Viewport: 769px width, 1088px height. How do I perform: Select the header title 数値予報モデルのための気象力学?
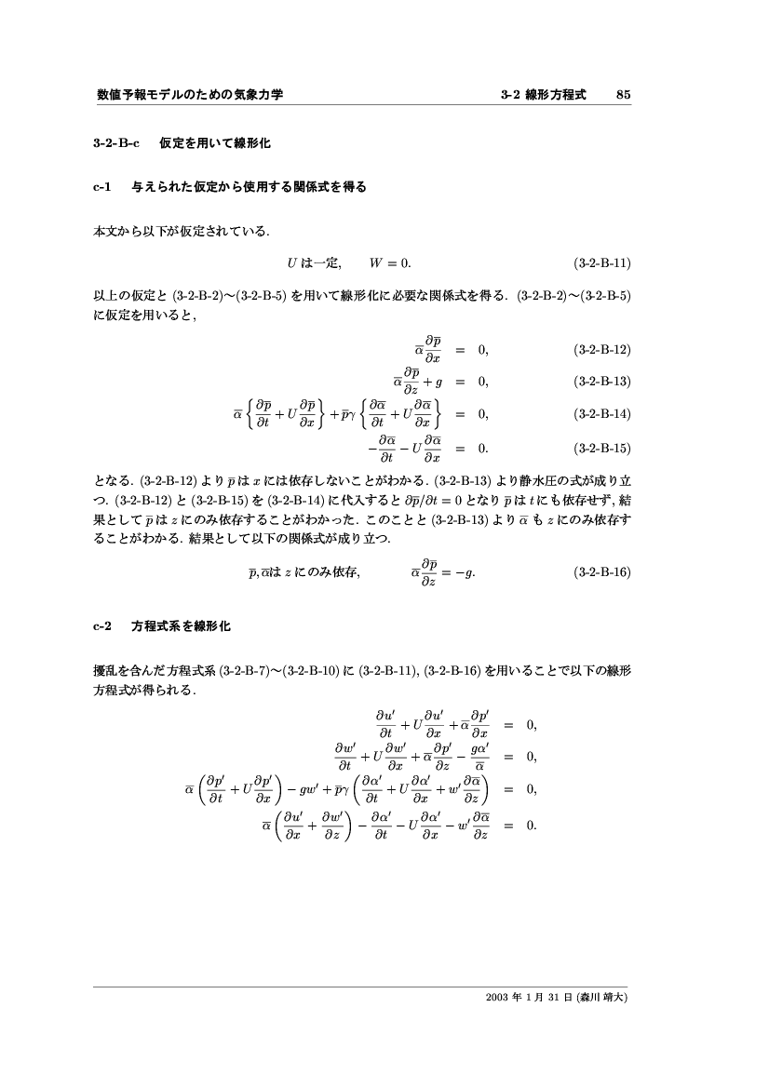tap(190, 94)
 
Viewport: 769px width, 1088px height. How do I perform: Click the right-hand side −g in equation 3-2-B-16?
tap(466, 572)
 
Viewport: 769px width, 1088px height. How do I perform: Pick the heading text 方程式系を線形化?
tap(182, 626)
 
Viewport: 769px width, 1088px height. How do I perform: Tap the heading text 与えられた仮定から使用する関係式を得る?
tap(250, 187)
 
